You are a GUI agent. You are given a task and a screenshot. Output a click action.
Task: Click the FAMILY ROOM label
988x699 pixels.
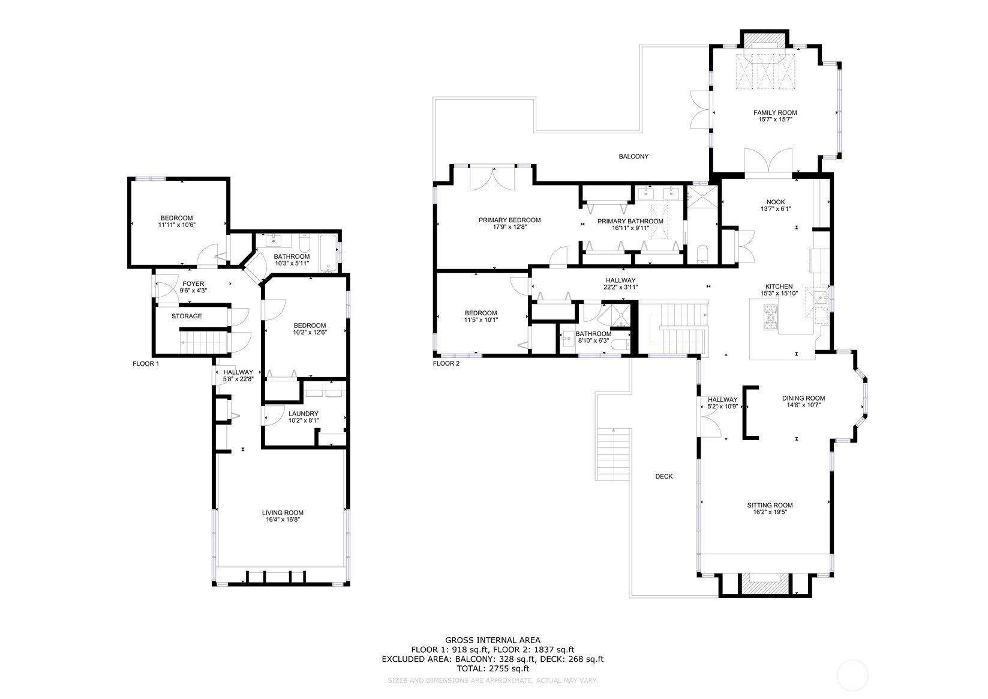775,113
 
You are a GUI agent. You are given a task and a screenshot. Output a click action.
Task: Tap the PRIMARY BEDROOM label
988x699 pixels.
509,220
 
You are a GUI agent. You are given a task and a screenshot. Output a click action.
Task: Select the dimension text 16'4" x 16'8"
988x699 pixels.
283,519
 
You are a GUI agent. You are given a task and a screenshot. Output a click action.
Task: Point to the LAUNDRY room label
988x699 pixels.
303,414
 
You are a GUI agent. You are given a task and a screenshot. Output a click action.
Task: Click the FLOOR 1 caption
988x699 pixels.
146,364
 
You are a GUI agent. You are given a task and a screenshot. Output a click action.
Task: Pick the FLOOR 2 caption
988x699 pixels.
446,364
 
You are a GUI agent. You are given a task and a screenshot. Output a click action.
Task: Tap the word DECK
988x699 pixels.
664,476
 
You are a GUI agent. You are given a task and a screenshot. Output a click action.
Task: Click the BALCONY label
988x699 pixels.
633,156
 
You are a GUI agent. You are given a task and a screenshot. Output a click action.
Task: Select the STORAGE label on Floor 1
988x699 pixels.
187,316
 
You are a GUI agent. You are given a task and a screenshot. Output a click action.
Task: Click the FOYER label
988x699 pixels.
193,284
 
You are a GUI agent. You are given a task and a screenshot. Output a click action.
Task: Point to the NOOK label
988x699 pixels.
776,202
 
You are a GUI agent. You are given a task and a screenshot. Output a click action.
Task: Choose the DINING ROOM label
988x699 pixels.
803,398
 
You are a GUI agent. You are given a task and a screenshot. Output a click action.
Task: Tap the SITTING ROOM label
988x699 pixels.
770,505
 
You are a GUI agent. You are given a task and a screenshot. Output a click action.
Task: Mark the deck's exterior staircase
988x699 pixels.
614,454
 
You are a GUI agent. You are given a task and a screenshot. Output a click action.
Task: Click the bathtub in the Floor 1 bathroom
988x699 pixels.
328,253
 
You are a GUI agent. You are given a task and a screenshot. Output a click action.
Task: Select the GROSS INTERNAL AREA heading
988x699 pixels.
493,640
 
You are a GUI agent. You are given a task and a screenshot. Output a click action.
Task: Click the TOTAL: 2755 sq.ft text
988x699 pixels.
493,668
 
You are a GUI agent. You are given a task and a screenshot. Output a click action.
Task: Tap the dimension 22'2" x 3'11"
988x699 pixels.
621,287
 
